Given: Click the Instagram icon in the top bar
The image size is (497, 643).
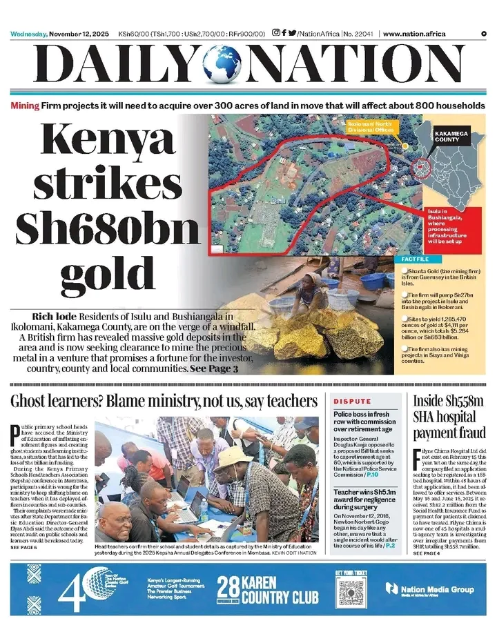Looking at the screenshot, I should [x=276, y=33].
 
